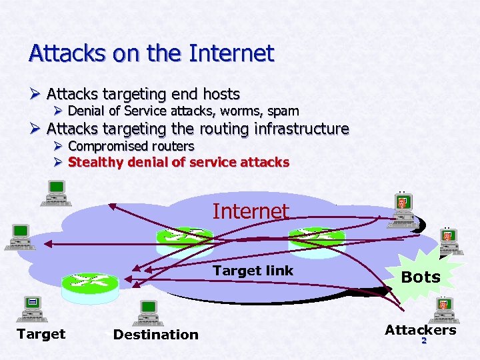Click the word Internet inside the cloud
(x=251, y=211)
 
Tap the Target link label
(x=253, y=271)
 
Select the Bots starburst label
(x=421, y=277)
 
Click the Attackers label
(x=420, y=330)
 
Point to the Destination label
(x=156, y=335)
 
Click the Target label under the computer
(x=41, y=334)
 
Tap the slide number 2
(x=423, y=341)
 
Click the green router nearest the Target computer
(x=89, y=285)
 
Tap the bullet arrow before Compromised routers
(x=58, y=146)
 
